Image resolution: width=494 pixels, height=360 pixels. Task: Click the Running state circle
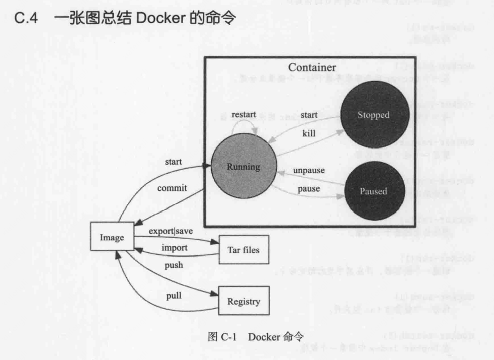click(x=243, y=166)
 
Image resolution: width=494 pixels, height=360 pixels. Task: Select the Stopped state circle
click(x=373, y=115)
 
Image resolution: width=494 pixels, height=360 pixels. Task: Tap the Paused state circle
click(x=373, y=191)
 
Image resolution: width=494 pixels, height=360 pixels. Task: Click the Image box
click(x=112, y=237)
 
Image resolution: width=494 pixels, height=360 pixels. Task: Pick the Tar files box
click(x=244, y=250)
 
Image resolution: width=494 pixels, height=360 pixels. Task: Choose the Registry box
click(x=244, y=302)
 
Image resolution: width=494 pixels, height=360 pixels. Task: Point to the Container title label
click(x=312, y=67)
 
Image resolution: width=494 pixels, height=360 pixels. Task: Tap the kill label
click(x=309, y=134)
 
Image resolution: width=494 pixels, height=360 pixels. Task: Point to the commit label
click(x=172, y=188)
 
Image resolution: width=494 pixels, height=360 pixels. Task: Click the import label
click(x=175, y=248)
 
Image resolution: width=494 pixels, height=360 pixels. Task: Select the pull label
click(x=174, y=296)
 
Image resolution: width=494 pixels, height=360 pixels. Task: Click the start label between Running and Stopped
click(x=309, y=115)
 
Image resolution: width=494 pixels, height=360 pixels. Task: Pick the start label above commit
click(x=173, y=162)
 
